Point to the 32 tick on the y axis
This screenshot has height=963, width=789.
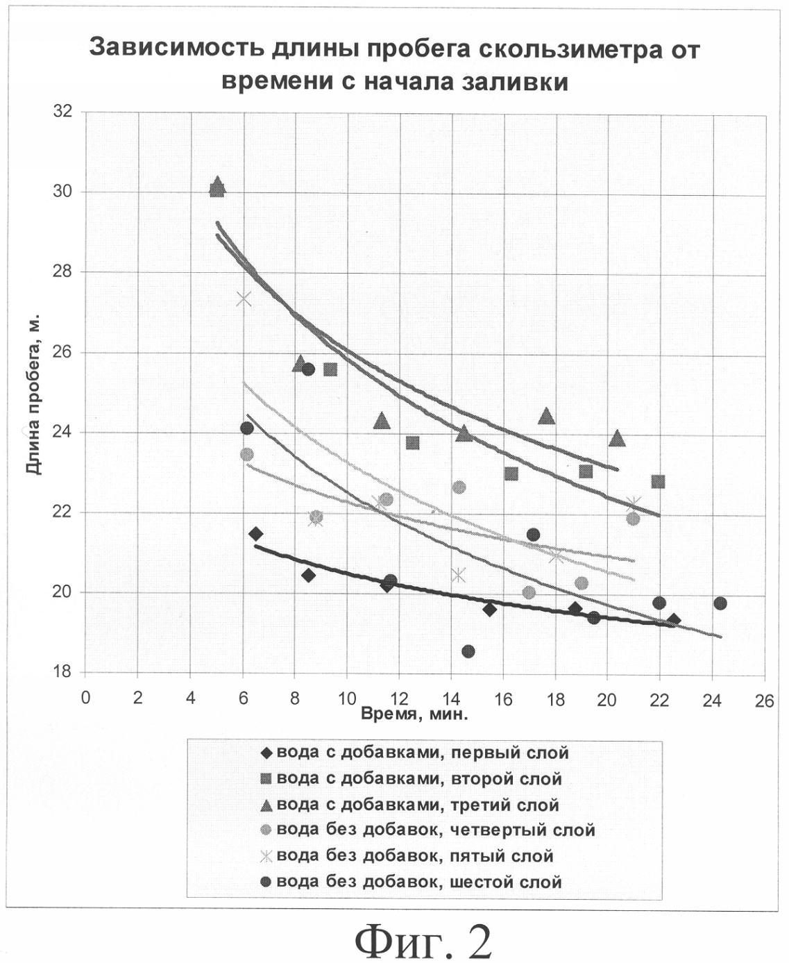pyautogui.click(x=62, y=111)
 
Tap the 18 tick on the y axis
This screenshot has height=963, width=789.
pyautogui.click(x=62, y=672)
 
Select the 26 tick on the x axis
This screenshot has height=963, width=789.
pyautogui.click(x=764, y=701)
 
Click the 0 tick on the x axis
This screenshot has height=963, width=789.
pyautogui.click(x=85, y=698)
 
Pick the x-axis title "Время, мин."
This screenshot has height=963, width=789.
pyautogui.click(x=414, y=714)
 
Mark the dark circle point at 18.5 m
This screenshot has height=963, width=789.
pyautogui.click(x=468, y=651)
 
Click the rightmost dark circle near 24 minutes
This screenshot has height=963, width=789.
pyautogui.click(x=720, y=603)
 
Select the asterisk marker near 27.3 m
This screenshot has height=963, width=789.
pyautogui.click(x=244, y=299)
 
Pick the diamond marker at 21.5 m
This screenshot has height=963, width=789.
pyautogui.click(x=255, y=534)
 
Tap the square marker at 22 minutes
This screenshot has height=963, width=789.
pyautogui.click(x=658, y=482)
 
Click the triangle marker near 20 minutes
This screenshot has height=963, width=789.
pyautogui.click(x=617, y=439)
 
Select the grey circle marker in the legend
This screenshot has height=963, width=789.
pyautogui.click(x=265, y=830)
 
